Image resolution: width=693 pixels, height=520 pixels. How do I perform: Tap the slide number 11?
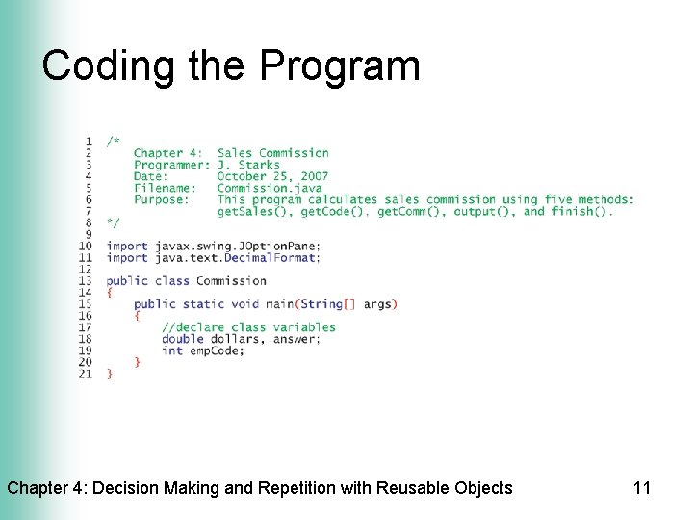(x=642, y=488)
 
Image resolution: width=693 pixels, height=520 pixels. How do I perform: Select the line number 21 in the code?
(x=86, y=374)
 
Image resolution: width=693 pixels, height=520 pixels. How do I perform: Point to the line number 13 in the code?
(x=86, y=281)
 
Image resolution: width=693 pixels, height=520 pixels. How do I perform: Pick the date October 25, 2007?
(x=272, y=176)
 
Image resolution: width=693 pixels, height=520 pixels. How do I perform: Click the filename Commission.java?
(x=269, y=188)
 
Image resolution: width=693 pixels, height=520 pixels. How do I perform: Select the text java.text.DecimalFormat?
(x=238, y=258)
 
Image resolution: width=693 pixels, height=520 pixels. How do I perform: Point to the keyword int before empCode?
(x=172, y=351)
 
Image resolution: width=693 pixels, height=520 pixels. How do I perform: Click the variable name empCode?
(x=217, y=351)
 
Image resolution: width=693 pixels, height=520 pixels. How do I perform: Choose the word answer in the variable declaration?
(x=298, y=339)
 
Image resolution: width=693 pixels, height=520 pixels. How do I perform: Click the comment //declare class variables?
(x=249, y=327)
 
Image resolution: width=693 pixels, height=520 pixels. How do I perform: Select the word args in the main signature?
(x=378, y=304)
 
